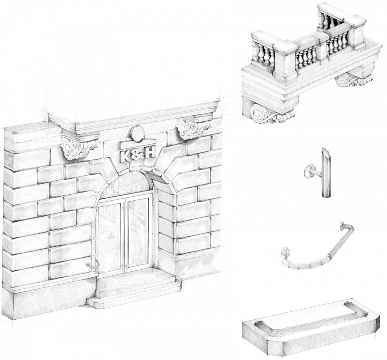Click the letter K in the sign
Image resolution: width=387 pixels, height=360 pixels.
[x=125, y=156]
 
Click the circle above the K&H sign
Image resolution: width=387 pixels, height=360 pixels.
[x=138, y=133]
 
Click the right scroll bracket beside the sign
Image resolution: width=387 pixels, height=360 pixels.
[x=194, y=128]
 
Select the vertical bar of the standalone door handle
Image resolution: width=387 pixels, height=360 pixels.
[x=326, y=173]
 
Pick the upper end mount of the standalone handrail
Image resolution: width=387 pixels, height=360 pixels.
[x=343, y=225]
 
